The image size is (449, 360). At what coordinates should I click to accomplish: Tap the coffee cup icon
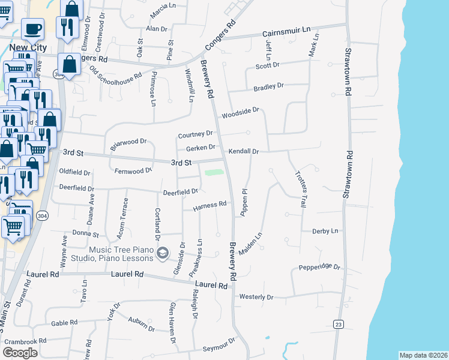point(32,28)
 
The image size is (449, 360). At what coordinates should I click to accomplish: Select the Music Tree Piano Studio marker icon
point(161,254)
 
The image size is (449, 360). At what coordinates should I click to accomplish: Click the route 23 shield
point(339,325)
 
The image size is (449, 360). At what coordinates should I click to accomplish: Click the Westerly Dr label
point(256,297)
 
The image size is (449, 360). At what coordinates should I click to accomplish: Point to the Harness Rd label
point(209,205)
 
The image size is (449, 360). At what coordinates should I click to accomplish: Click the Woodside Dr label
point(240,112)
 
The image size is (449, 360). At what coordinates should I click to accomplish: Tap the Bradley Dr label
point(268,87)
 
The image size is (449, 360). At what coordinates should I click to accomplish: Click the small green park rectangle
point(214,173)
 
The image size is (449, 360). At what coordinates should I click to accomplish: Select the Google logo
point(20,352)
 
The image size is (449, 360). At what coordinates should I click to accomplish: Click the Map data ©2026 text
point(424,355)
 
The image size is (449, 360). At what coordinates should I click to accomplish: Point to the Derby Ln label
point(325,231)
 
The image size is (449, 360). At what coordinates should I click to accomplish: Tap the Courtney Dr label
point(196,134)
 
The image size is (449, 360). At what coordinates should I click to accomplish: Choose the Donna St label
point(85,233)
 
